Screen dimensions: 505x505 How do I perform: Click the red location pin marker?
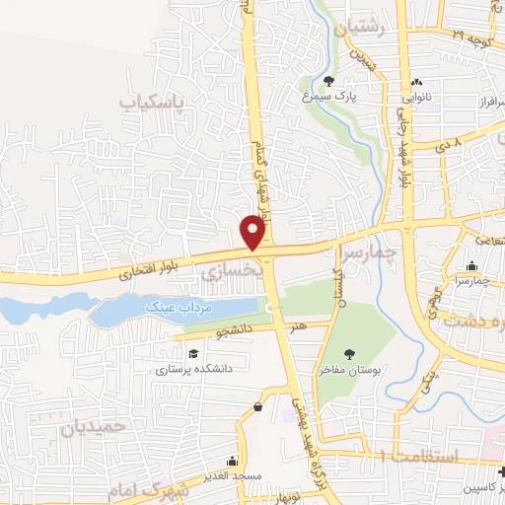pos(254,232)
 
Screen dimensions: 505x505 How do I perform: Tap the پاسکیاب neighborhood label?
pos(153,102)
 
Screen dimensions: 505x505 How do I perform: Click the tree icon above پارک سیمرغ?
pos(329,81)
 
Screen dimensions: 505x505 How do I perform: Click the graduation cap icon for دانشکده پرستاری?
pos(193,353)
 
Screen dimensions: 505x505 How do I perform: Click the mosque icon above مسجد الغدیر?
pos(232,460)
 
